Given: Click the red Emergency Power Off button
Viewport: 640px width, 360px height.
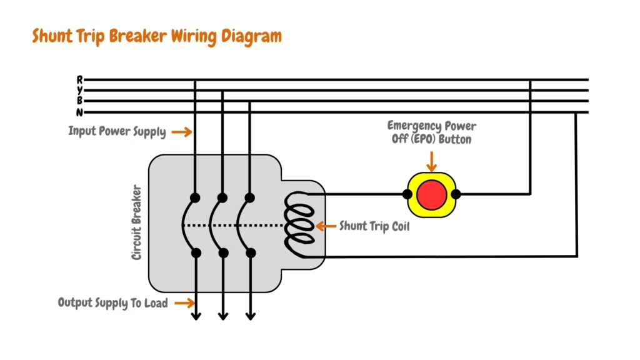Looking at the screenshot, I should (432, 194).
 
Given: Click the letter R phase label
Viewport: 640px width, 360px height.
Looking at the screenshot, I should (80, 79).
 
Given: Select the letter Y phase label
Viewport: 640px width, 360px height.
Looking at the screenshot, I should (80, 90).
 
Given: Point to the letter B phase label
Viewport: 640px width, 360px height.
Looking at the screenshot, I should (80, 101).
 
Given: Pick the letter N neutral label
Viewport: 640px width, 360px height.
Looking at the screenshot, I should (80, 112).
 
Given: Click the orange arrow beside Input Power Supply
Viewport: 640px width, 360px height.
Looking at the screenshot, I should (181, 132).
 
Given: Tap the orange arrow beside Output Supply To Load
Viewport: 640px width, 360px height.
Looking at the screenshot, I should (184, 303).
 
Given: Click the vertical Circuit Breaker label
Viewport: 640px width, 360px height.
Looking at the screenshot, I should (136, 222).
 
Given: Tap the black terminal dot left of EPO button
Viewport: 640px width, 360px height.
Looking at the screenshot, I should (408, 194).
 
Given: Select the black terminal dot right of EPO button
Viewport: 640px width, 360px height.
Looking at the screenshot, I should (456, 194).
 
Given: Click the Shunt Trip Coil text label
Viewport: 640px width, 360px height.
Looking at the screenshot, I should (374, 226).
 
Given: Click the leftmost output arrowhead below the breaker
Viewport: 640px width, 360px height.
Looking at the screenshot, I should (196, 315).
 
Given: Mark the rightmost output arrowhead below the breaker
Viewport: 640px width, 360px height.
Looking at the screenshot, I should (250, 315).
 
